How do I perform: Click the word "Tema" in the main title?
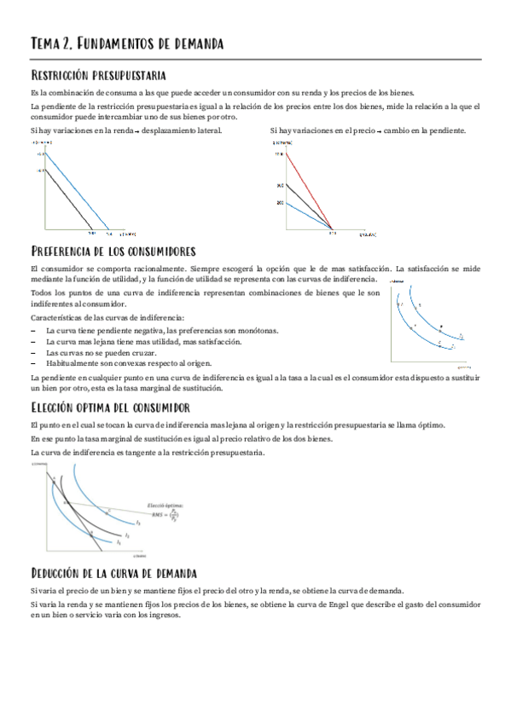click(44, 43)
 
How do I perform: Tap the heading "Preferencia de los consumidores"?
click(113, 252)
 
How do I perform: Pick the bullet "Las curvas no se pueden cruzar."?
click(102, 352)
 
